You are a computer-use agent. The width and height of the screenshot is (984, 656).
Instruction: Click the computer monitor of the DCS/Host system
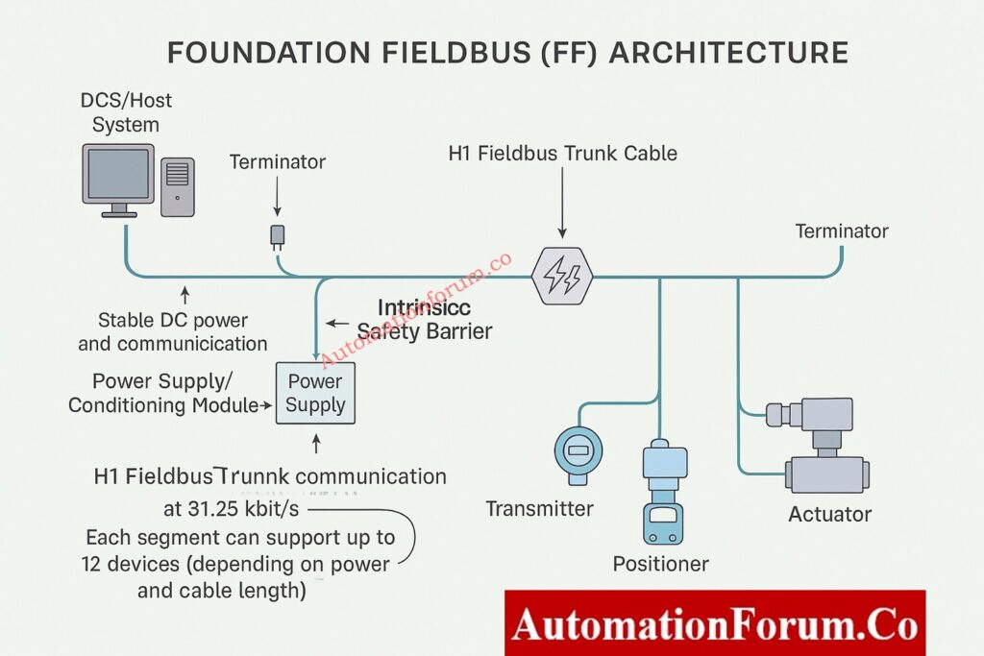[x=118, y=176]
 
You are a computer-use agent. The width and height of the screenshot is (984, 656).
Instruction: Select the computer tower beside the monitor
[x=178, y=185]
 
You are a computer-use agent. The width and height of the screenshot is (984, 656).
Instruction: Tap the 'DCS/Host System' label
[x=126, y=112]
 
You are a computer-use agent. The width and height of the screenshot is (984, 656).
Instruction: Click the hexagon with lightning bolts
[x=561, y=276]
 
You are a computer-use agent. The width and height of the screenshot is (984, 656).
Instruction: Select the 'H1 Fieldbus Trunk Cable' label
[x=562, y=154]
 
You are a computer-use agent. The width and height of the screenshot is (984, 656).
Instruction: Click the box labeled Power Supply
[x=315, y=393]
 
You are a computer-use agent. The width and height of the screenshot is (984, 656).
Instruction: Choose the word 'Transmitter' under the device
[x=539, y=509]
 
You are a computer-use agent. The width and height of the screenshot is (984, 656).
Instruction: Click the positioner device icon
[x=662, y=490]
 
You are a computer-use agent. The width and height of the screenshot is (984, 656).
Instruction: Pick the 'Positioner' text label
[x=661, y=564]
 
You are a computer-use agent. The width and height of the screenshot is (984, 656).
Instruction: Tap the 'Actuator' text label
[x=829, y=514]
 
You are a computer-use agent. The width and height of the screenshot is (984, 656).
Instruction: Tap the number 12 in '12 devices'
[x=94, y=564]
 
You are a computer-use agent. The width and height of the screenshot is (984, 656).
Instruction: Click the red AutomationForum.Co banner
[x=714, y=623]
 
